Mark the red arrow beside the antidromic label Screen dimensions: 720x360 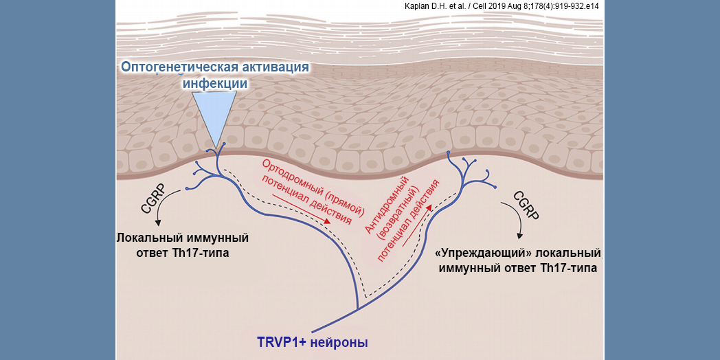[418, 226]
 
